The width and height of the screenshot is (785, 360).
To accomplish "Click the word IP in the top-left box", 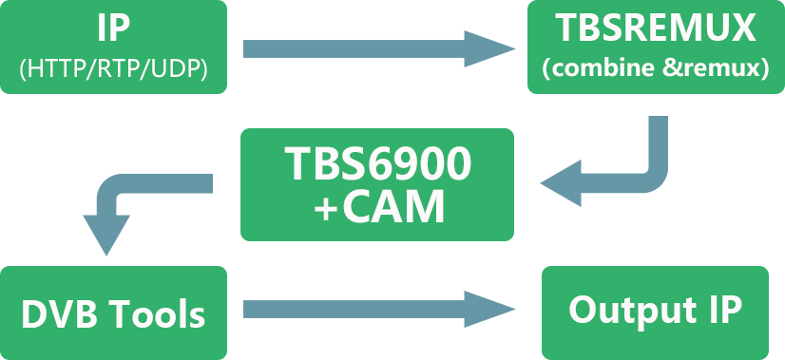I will [112, 28].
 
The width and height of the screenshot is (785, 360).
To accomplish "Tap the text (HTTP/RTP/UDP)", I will [112, 68].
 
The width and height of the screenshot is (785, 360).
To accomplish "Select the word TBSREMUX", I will [655, 28].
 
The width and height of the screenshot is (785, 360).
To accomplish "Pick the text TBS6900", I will [377, 167].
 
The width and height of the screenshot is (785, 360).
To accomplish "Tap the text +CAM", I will [377, 208].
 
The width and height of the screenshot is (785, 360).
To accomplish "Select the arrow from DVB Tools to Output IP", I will [361, 309].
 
